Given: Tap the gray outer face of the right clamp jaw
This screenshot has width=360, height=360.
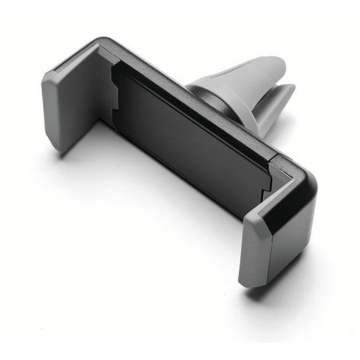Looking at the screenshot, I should pyautogui.click(x=262, y=245).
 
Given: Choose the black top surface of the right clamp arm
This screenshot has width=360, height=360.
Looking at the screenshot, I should pyautogui.click(x=288, y=196).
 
